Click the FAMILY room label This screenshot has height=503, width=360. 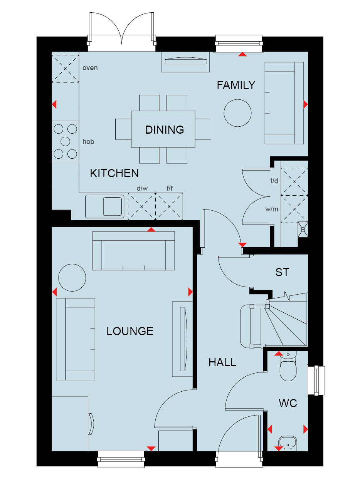(236, 85)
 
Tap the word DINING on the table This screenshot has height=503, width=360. (165, 130)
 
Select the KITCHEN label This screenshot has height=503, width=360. (114, 173)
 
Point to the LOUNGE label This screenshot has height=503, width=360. (130, 331)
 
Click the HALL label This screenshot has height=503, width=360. (222, 362)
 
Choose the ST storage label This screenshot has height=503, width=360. (282, 272)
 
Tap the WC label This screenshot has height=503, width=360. (288, 403)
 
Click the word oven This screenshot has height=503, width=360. (90, 68)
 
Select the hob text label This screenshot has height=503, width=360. (88, 142)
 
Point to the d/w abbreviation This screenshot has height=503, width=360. (142, 188)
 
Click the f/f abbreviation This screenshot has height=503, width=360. (170, 188)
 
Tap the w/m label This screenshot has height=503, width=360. (272, 209)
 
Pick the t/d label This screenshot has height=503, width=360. (274, 181)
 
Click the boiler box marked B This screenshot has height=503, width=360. (303, 230)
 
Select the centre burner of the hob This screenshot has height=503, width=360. (66, 141)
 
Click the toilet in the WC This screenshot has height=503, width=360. (288, 366)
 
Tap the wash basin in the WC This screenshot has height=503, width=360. (288, 443)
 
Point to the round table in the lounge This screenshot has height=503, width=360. (72, 278)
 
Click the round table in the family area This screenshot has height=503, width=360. (237, 113)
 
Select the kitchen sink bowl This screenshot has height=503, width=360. (113, 206)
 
